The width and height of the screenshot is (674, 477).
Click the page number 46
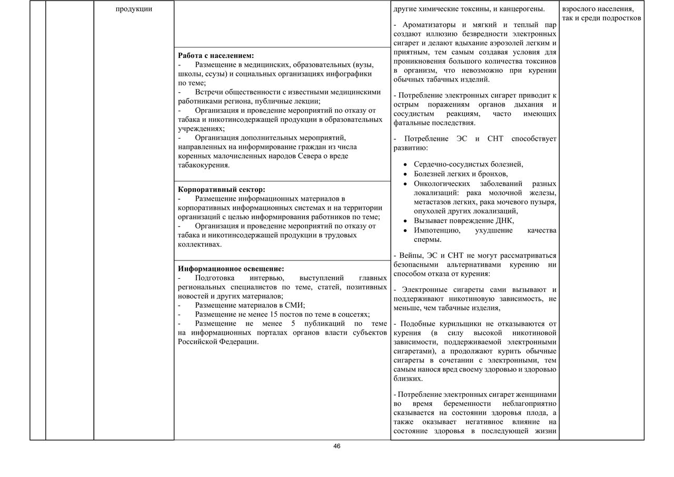337,446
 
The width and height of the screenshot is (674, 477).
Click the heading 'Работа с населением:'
216,55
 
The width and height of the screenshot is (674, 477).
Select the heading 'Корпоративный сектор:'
222,189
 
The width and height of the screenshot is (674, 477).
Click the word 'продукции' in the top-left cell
134,9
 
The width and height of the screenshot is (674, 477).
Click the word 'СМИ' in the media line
295,305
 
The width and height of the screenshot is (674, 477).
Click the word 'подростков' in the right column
622,18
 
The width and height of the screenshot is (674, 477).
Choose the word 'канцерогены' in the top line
524,9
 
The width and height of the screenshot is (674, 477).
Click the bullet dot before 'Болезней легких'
405,174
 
